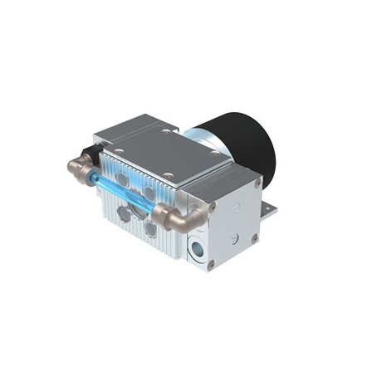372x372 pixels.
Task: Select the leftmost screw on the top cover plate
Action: pyautogui.click(x=119, y=151)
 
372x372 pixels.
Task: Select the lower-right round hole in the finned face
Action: pyautogui.click(x=150, y=227)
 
